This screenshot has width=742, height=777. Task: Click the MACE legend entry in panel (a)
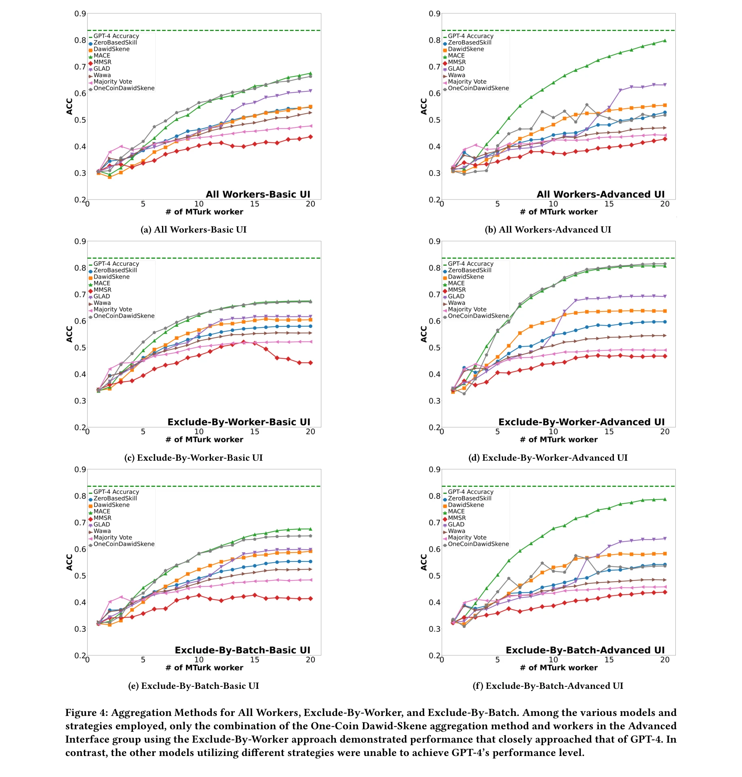click(x=101, y=56)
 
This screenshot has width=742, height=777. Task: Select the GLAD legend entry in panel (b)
click(x=456, y=69)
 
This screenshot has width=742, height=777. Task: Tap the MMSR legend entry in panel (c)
click(x=102, y=290)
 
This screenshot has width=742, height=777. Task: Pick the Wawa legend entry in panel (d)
click(x=456, y=303)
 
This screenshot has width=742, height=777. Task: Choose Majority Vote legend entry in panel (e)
click(x=112, y=538)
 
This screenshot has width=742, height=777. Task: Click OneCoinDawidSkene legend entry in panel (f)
click(x=478, y=544)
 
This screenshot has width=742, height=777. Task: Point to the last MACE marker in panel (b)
click(x=665, y=40)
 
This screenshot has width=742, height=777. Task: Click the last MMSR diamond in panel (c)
click(x=310, y=363)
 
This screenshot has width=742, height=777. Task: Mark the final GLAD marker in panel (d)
click(x=665, y=296)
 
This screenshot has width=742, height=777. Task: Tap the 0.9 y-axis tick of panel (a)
click(x=80, y=14)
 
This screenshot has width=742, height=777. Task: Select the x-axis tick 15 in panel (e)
click(x=255, y=660)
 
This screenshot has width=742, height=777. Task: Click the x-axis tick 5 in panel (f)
click(x=497, y=660)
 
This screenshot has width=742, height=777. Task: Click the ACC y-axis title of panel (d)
click(x=424, y=334)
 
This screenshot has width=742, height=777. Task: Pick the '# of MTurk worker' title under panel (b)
click(x=559, y=212)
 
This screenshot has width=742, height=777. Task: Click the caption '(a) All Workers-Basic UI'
click(x=193, y=230)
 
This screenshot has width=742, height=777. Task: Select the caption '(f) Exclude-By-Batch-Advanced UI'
click(x=548, y=686)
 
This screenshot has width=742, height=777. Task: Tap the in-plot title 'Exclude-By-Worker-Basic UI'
click(x=238, y=422)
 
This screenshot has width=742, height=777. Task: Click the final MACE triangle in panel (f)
click(x=665, y=499)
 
